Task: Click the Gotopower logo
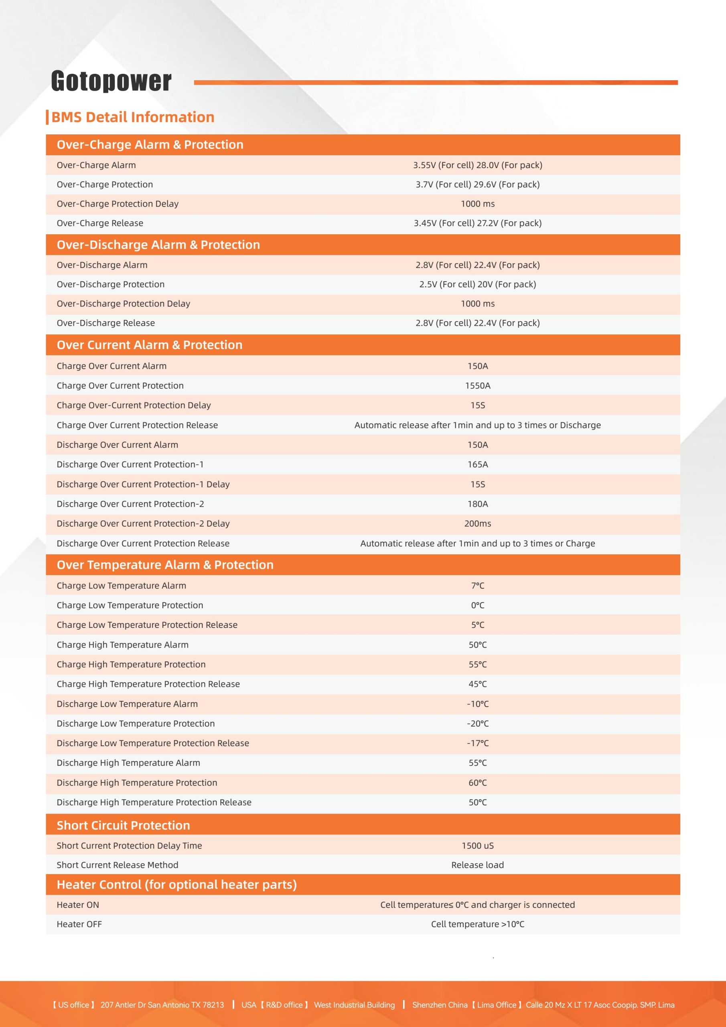111,81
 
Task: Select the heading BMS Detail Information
132,117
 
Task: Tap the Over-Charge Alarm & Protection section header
150,144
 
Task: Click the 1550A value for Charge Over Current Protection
477,386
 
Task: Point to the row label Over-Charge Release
100,223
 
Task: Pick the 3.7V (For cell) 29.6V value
477,184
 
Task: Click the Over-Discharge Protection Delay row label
123,304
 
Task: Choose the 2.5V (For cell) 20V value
477,284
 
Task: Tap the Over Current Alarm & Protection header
149,345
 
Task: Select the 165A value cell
477,464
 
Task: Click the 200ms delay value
477,524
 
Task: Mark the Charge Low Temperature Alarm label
121,586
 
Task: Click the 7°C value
477,586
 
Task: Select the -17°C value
477,743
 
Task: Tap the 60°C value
477,782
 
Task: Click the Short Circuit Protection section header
123,825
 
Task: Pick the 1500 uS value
477,845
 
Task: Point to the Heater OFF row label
79,924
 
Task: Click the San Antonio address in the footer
162,1005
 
